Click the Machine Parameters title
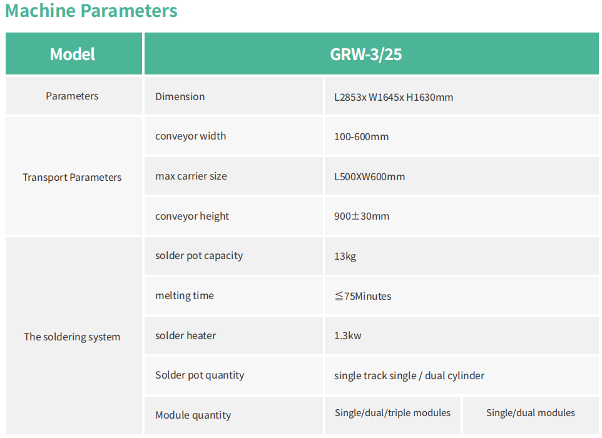pyautogui.click(x=91, y=11)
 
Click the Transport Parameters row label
pyautogui.click(x=72, y=177)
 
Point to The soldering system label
pyautogui.click(x=72, y=337)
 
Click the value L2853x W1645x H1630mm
pyautogui.click(x=394, y=97)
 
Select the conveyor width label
pyautogui.click(x=190, y=136)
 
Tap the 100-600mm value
pyautogui.click(x=361, y=136)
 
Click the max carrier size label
pyautogui.click(x=191, y=176)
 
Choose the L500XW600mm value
pyautogui.click(x=369, y=176)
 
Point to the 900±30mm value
pyautogui.click(x=362, y=216)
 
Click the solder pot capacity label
pyautogui.click(x=199, y=256)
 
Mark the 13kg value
pyautogui.click(x=345, y=257)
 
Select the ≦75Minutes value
pyautogui.click(x=363, y=296)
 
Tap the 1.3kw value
pyautogui.click(x=347, y=335)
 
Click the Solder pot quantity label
pyautogui.click(x=200, y=375)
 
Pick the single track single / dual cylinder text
pyautogui.click(x=409, y=375)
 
